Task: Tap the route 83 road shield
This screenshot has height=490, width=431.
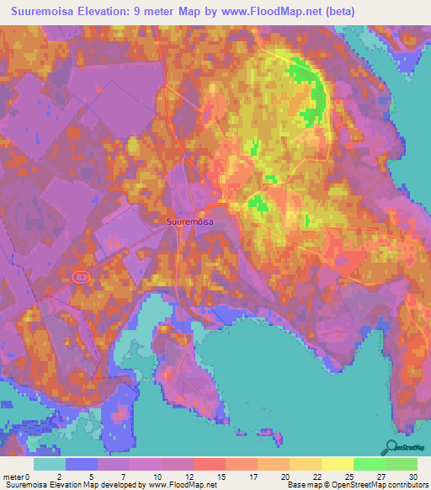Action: pyautogui.click(x=81, y=277)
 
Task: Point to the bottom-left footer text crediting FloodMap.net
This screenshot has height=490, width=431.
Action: pyautogui.click(x=109, y=485)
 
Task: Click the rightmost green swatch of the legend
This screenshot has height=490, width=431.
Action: pyautogui.click(x=401, y=464)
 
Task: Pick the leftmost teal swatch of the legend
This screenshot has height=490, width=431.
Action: pyautogui.click(x=50, y=464)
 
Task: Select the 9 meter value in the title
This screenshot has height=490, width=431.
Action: pyautogui.click(x=187, y=12)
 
